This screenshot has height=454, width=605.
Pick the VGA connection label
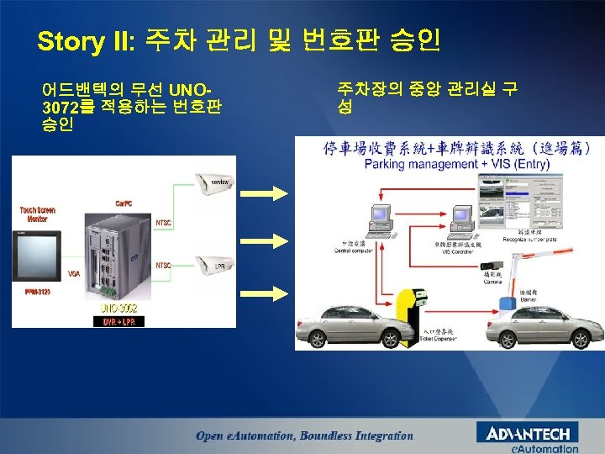[73, 274]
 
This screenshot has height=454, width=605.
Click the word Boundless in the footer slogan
[329, 436]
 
